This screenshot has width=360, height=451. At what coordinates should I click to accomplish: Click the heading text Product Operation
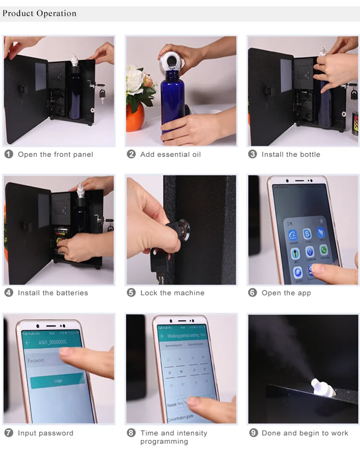(39, 13)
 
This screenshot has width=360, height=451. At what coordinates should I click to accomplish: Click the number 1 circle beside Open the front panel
(9, 154)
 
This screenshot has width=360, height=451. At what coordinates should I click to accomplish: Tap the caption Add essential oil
(170, 154)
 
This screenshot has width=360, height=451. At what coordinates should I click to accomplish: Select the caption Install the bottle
(291, 154)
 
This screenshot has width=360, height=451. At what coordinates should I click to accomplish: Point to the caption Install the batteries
(53, 293)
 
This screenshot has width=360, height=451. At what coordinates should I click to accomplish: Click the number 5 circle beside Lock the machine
(131, 293)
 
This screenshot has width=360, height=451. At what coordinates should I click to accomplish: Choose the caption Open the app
(286, 293)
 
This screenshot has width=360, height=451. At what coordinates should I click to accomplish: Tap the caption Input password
(46, 433)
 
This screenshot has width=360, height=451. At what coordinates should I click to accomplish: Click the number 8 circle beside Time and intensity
(131, 433)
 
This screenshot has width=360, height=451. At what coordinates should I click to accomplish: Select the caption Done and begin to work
(305, 433)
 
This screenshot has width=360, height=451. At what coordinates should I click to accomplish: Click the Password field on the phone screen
(46, 360)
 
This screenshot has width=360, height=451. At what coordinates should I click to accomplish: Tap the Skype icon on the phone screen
(307, 234)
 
